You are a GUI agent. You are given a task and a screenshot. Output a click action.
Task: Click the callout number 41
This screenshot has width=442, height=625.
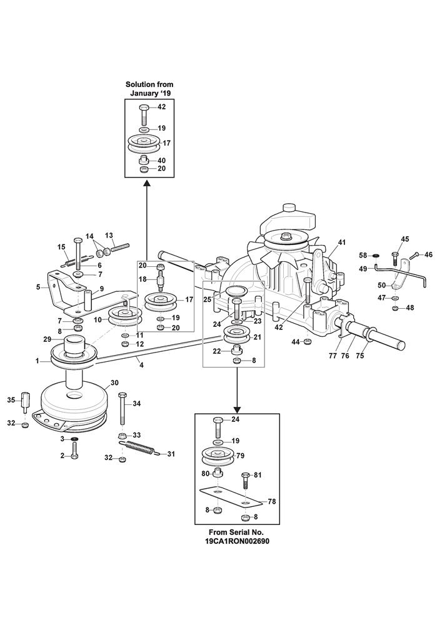coord(341,242)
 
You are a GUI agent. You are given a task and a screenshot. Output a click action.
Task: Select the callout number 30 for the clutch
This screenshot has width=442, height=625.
coord(114,382)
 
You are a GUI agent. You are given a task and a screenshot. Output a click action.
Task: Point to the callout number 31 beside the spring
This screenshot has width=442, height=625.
coord(171,454)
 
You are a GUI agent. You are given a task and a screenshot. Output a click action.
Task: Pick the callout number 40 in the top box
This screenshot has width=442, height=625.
coord(161,160)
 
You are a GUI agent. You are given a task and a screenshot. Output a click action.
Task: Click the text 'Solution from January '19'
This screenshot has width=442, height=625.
coord(149,88)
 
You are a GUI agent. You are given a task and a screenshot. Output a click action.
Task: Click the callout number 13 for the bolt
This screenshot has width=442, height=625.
coord(109,235)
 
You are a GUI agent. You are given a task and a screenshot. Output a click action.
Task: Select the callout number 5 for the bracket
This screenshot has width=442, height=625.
coord(38,287)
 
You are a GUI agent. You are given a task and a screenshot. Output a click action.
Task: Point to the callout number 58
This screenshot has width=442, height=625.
coord(362,255)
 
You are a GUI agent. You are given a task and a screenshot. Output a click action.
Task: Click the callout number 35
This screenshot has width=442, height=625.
coord(11,400)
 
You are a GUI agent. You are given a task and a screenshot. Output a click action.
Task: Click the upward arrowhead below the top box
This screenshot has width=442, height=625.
coord(147,182)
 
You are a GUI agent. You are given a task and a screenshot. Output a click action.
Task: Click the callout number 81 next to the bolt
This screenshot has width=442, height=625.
coord(258,475)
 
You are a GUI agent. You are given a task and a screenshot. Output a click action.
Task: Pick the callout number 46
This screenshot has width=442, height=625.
coord(428,254)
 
